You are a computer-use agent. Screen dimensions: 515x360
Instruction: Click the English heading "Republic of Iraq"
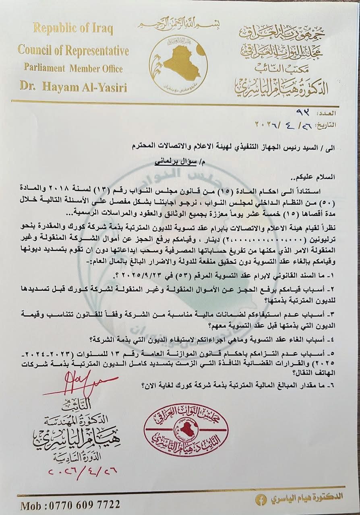[x=73, y=29]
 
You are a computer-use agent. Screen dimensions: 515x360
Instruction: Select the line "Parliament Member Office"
[x=73, y=68]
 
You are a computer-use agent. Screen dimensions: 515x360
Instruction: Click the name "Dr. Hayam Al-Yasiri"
[x=73, y=87]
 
